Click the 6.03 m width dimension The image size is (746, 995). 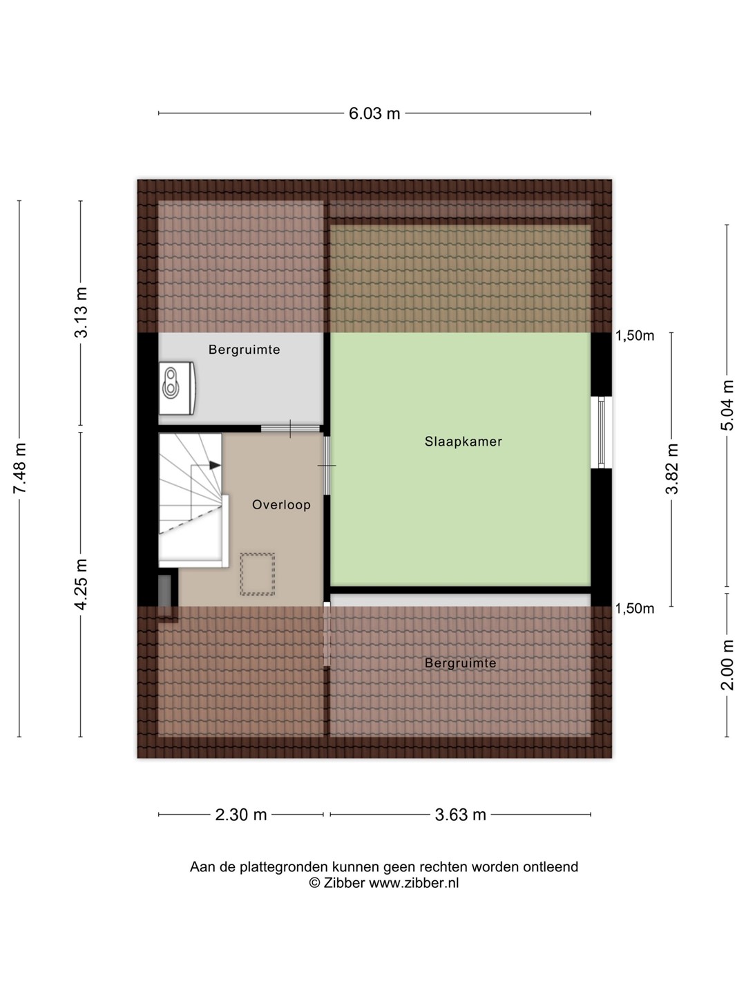374,113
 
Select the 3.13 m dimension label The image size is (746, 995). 82,313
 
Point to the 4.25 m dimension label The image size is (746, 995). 82,585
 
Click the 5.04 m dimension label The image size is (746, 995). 727,405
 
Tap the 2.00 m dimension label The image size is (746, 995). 727,665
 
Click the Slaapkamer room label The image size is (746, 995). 463,442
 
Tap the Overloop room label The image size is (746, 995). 281,504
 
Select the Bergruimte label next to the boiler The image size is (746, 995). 244,350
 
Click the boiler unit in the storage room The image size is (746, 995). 177,388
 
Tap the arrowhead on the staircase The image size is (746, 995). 215,465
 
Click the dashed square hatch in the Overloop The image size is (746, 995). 257,574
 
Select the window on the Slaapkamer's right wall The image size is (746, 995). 602,433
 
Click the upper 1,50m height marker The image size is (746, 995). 635,336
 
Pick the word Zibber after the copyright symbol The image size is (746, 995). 343,883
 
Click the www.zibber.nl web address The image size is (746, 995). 414,883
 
